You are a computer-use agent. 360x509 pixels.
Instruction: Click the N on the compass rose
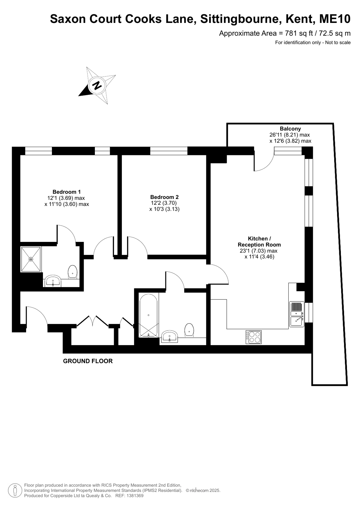[x=97, y=85]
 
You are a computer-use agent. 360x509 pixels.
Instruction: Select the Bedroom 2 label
[x=164, y=197]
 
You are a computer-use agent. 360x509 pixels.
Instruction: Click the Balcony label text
[x=290, y=129]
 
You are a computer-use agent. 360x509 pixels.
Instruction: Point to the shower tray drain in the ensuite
[x=31, y=259]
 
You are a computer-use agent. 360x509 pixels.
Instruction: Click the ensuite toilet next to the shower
[x=73, y=272]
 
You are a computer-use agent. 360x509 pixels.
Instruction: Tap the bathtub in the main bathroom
[x=148, y=315]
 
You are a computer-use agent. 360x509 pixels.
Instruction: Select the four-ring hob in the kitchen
[x=253, y=337]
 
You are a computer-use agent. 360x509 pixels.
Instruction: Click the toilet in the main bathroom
[x=189, y=330]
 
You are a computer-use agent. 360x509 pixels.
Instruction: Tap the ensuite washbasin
[x=53, y=281]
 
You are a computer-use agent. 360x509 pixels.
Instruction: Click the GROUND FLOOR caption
[x=88, y=361]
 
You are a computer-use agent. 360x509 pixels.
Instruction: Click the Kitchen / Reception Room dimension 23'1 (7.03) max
[x=258, y=251]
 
